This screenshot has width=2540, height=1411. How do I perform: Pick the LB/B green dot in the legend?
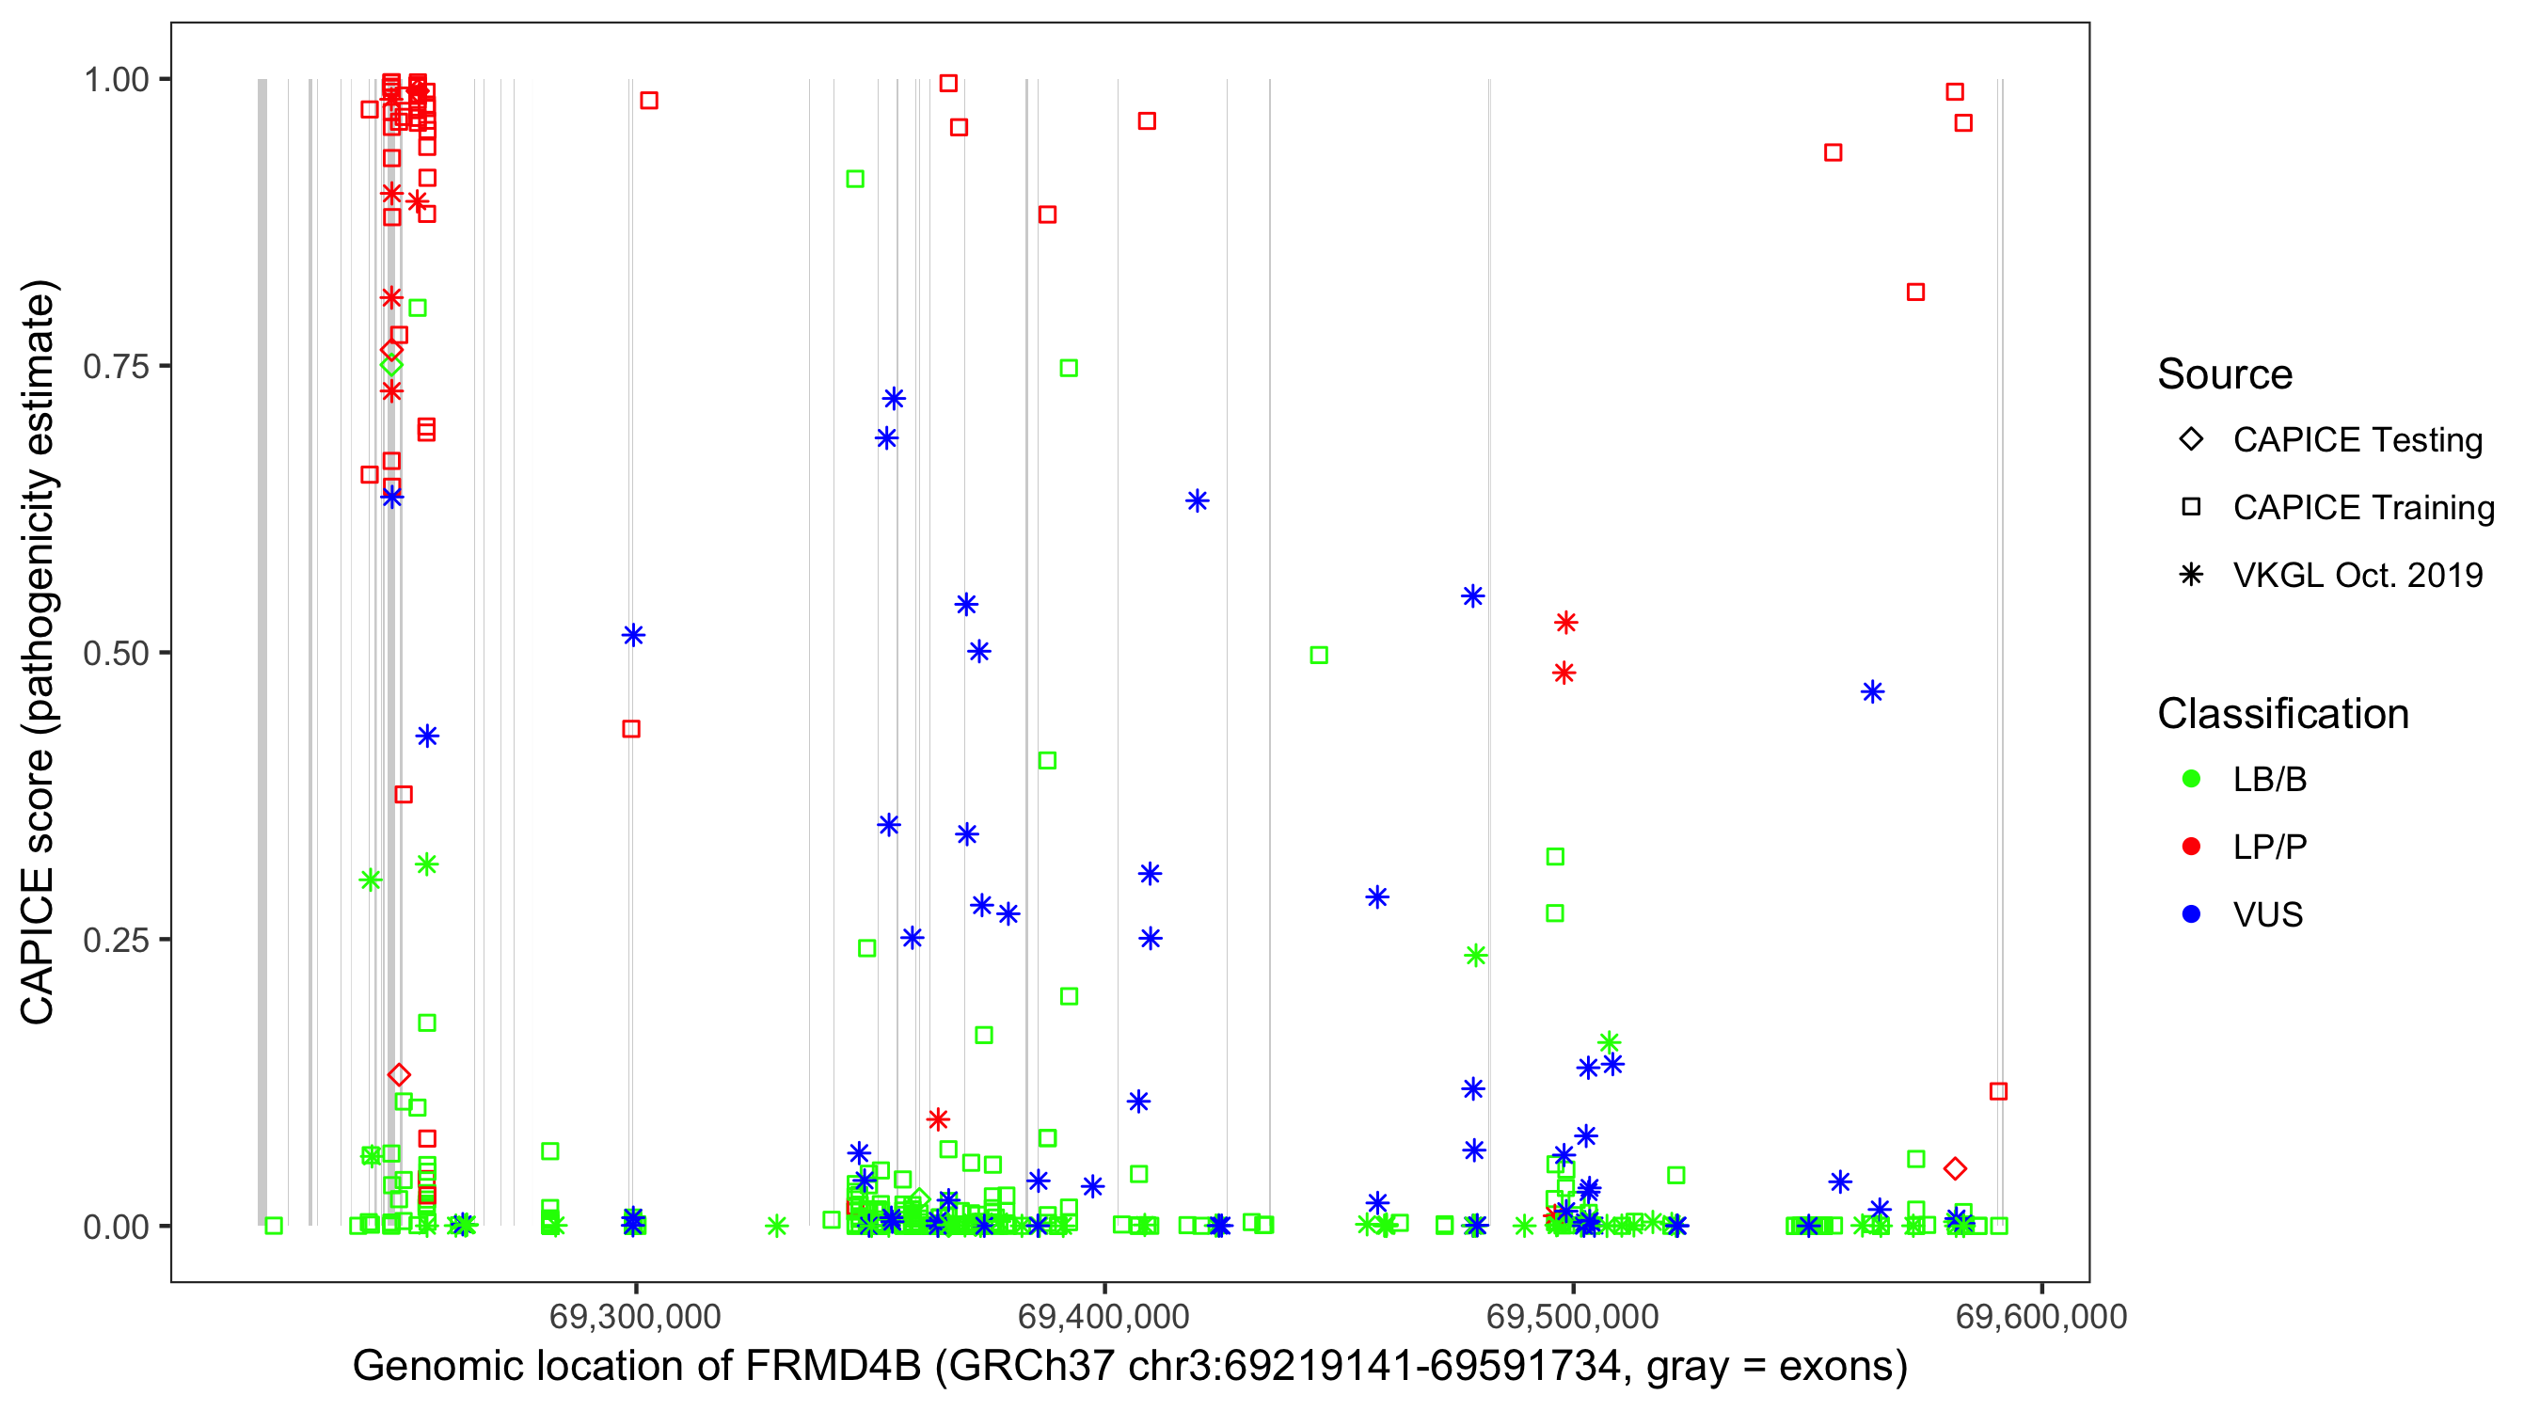pyautogui.click(x=2191, y=779)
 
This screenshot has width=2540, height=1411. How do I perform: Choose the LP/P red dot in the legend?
pyautogui.click(x=2191, y=847)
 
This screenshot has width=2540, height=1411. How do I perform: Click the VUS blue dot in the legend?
pyautogui.click(x=2191, y=914)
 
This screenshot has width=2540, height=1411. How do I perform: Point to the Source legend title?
pyautogui.click(x=2225, y=374)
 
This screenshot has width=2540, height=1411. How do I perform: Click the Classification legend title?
pyautogui.click(x=2282, y=714)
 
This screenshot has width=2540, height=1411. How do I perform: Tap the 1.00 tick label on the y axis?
pyautogui.click(x=116, y=79)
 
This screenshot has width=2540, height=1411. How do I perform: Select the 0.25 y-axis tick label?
pyautogui.click(x=116, y=940)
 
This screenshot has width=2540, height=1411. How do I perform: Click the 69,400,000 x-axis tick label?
pyautogui.click(x=1103, y=1316)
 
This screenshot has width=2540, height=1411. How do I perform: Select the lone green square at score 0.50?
pyautogui.click(x=1318, y=655)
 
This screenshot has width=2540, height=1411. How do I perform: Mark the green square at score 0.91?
pyautogui.click(x=855, y=179)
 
